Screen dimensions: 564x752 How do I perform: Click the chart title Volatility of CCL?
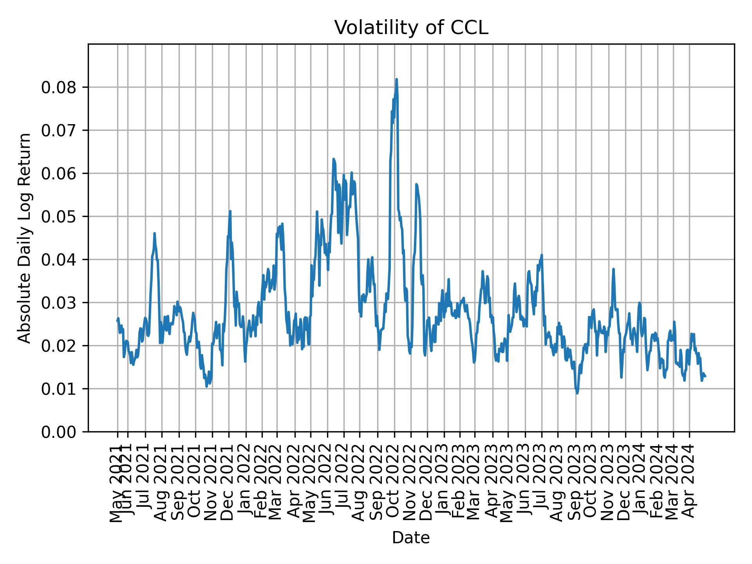411,28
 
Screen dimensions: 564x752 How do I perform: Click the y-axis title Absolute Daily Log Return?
25,238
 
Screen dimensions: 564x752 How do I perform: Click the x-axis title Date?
411,538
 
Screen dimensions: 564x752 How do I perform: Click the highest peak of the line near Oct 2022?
396,80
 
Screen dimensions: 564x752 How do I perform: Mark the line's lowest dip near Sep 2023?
577,393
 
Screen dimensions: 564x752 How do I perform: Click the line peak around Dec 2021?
230,211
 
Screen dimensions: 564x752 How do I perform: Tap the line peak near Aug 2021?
154,233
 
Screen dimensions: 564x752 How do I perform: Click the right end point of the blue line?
705,376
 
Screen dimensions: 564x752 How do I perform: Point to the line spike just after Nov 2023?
613,269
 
